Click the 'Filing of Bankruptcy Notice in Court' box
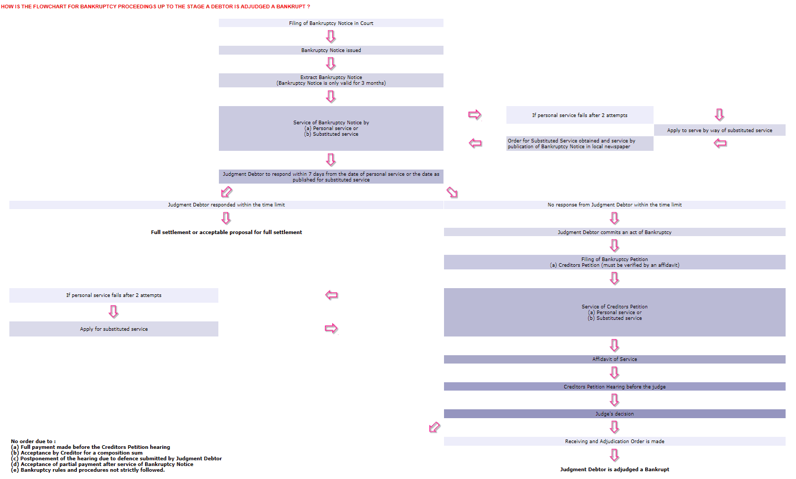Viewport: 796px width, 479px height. (x=331, y=23)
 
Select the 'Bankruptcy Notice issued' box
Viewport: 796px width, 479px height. (x=331, y=50)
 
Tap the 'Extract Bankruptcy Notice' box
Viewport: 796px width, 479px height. (x=331, y=80)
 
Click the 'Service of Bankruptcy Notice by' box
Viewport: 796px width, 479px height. (x=331, y=128)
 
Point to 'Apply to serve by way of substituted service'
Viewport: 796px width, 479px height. (x=720, y=130)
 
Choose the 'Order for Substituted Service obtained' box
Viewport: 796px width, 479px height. (x=580, y=144)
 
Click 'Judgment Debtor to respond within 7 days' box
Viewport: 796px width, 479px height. (x=331, y=177)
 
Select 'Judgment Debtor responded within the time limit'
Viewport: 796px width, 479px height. (x=226, y=205)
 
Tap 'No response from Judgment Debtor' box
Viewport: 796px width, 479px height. (x=615, y=205)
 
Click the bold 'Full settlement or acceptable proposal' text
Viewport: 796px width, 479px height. (x=226, y=232)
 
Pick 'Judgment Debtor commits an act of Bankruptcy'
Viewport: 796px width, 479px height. (x=615, y=232)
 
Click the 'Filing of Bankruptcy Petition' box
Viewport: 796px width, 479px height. (x=615, y=262)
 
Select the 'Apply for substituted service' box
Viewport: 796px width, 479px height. (x=114, y=329)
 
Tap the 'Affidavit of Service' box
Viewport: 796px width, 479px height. (x=615, y=359)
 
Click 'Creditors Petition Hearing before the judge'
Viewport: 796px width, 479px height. (x=615, y=386)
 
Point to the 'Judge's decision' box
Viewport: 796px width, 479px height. (x=615, y=413)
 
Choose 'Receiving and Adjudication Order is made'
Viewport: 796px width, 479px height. (x=615, y=442)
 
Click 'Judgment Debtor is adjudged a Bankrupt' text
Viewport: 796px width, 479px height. (x=615, y=470)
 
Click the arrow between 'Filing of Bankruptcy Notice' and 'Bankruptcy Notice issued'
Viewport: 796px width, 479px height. (x=331, y=36)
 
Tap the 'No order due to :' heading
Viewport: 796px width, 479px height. (x=33, y=442)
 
